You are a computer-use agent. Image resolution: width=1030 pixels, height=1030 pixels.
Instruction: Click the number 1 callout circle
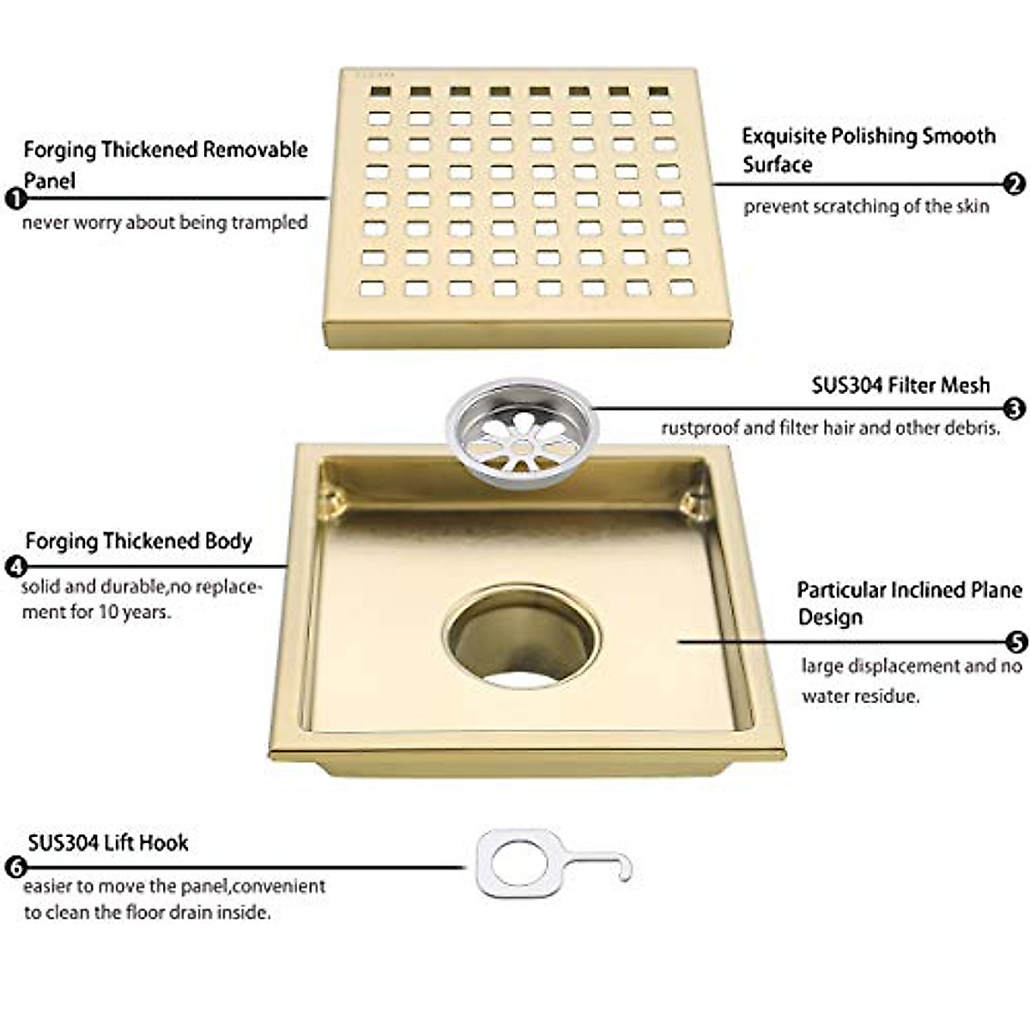click(15, 199)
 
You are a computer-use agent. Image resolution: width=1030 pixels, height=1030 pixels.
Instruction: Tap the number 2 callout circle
click(1015, 183)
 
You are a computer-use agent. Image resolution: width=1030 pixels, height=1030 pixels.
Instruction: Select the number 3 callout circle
click(1015, 409)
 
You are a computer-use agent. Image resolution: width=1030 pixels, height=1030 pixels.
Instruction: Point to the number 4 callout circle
click(15, 566)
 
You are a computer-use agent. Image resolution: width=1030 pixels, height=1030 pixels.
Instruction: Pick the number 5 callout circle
click(1015, 641)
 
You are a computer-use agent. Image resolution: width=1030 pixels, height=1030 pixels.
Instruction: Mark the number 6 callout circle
click(15, 867)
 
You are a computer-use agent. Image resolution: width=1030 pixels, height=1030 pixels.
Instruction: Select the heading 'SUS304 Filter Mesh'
click(900, 385)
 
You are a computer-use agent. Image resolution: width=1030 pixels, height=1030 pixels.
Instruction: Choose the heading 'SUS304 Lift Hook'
click(108, 842)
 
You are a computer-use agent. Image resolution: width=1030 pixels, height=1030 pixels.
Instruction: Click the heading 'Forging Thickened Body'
click(138, 541)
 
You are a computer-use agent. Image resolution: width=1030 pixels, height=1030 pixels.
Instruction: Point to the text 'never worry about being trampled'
click(165, 222)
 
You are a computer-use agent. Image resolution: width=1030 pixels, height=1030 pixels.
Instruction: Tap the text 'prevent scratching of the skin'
click(866, 206)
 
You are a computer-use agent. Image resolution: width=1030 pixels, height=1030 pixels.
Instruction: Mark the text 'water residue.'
click(861, 696)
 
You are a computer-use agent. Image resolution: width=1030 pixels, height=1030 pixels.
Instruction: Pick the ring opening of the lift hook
click(512, 861)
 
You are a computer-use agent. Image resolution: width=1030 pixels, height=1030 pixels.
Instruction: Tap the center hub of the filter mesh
click(521, 445)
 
